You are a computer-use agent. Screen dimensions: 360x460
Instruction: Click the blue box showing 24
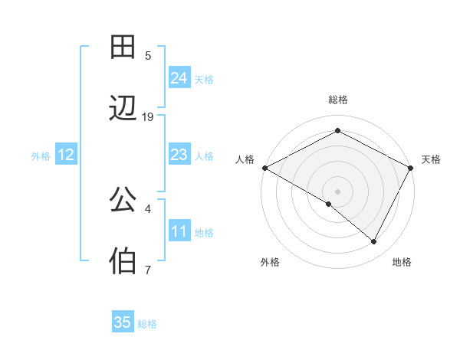pyautogui.click(x=179, y=78)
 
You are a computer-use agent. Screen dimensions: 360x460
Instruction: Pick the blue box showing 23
pyautogui.click(x=179, y=155)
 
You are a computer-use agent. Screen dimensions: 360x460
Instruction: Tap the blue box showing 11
pyautogui.click(x=179, y=231)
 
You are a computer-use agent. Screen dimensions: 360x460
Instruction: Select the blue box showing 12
pyautogui.click(x=66, y=155)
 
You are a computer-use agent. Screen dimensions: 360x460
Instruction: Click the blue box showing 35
pyautogui.click(x=123, y=322)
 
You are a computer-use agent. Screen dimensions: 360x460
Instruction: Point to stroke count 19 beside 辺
pyautogui.click(x=148, y=116)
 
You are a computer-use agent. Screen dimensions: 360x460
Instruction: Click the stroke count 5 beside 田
pyautogui.click(x=148, y=55)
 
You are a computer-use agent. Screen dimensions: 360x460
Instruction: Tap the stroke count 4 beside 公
pyautogui.click(x=148, y=208)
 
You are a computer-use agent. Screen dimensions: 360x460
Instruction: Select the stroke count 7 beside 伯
pyautogui.click(x=148, y=269)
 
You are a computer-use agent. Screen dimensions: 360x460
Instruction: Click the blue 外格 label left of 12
pyautogui.click(x=41, y=155)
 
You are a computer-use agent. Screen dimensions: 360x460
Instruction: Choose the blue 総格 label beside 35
pyautogui.click(x=147, y=323)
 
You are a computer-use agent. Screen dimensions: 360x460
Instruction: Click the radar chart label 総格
pyautogui.click(x=337, y=100)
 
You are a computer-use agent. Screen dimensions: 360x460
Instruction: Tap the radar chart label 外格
pyautogui.click(x=270, y=262)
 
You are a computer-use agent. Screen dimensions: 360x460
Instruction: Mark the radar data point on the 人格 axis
pyautogui.click(x=264, y=168)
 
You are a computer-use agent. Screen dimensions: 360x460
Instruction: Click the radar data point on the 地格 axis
pyautogui.click(x=374, y=242)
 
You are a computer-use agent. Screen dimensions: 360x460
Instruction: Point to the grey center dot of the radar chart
pyautogui.click(x=337, y=191)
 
